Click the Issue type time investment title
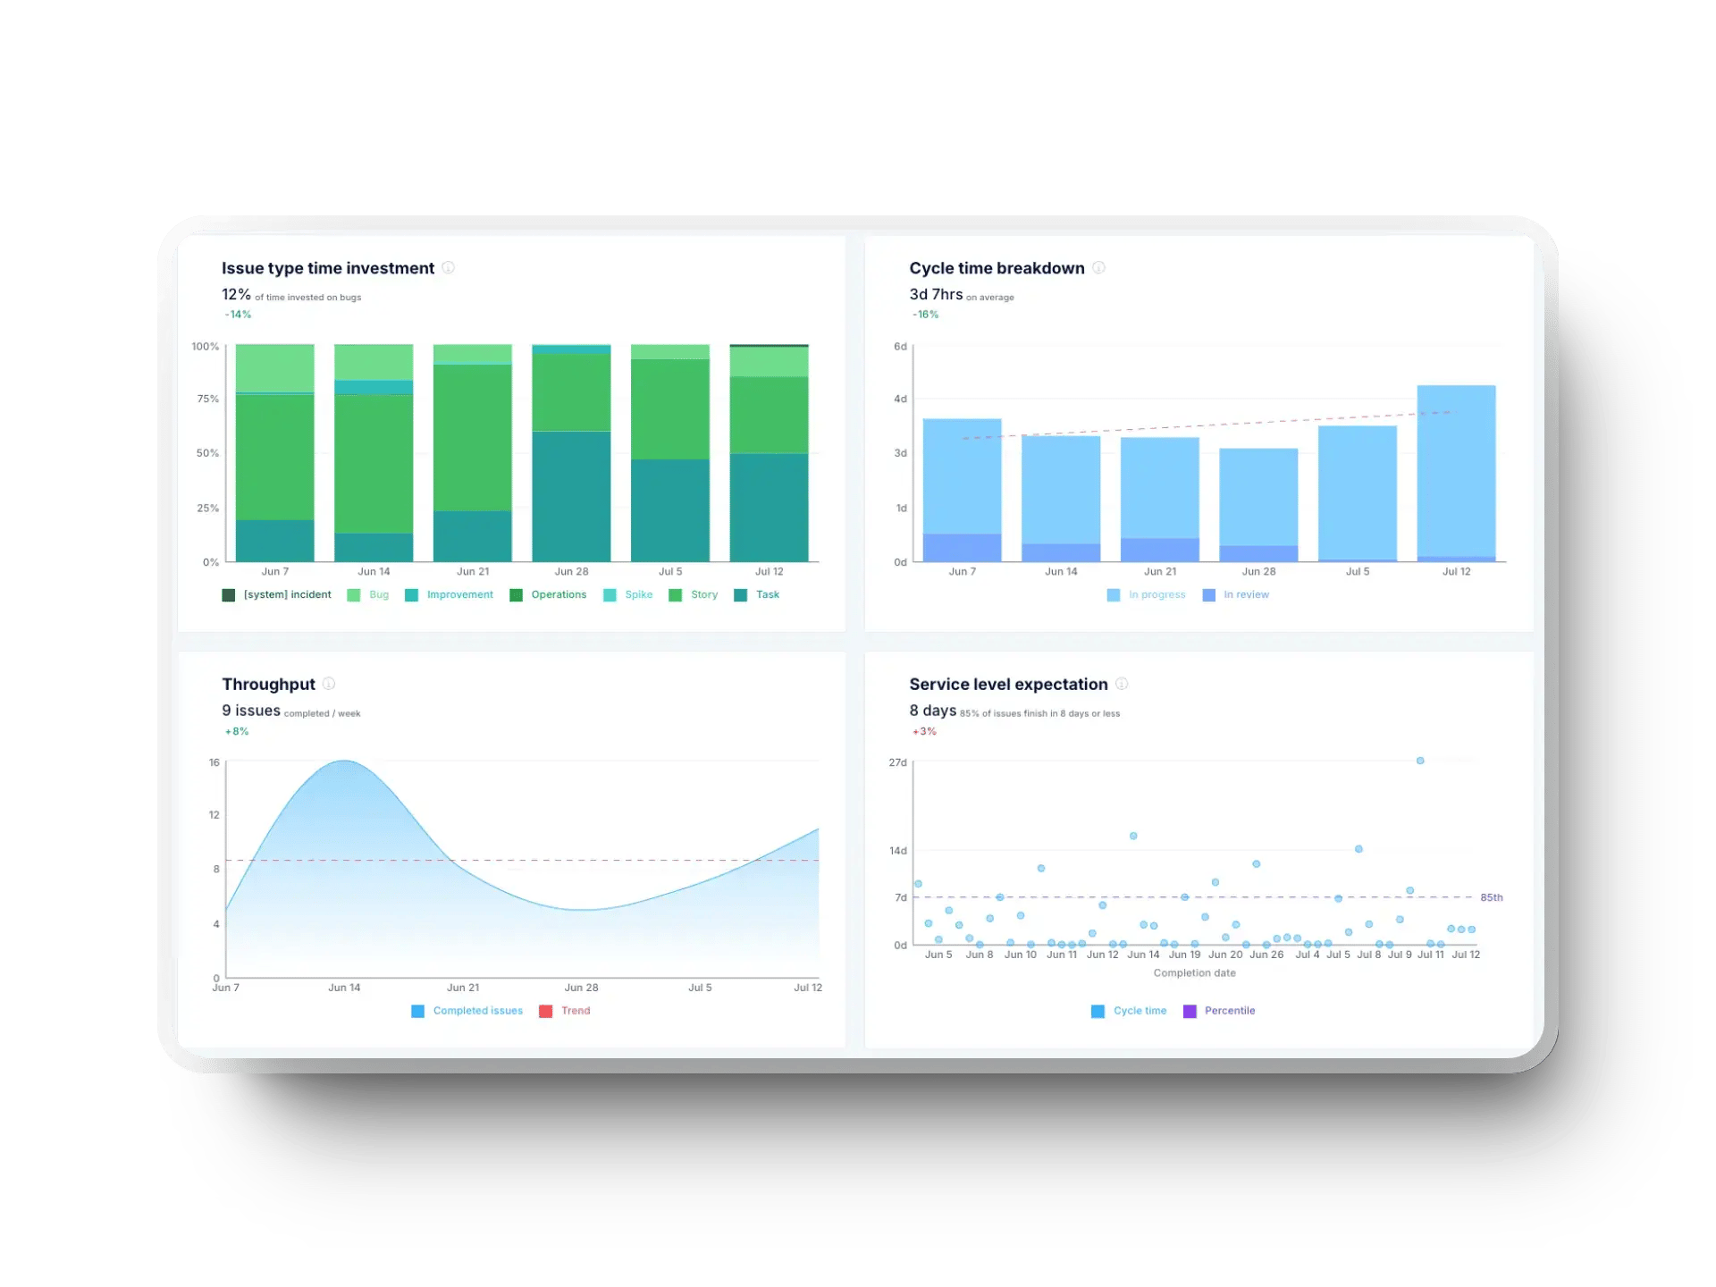pyautogui.click(x=327, y=268)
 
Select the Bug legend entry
pyautogui.click(x=368, y=595)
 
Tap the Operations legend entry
pyautogui.click(x=548, y=595)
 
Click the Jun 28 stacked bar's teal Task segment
pyautogui.click(x=571, y=497)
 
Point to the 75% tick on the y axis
pyautogui.click(x=207, y=399)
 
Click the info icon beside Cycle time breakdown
pyautogui.click(x=1098, y=268)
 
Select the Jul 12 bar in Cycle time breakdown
pyautogui.click(x=1456, y=474)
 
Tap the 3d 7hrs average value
pyautogui.click(x=936, y=295)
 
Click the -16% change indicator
pyautogui.click(x=925, y=315)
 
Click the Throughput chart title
pyautogui.click(x=268, y=685)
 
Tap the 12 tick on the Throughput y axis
pyautogui.click(x=214, y=814)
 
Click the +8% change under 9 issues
pyautogui.click(x=237, y=731)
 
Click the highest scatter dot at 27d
pyautogui.click(x=1420, y=761)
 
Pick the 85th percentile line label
pyautogui.click(x=1491, y=897)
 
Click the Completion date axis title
pyautogui.click(x=1194, y=973)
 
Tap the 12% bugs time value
pyautogui.click(x=236, y=295)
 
